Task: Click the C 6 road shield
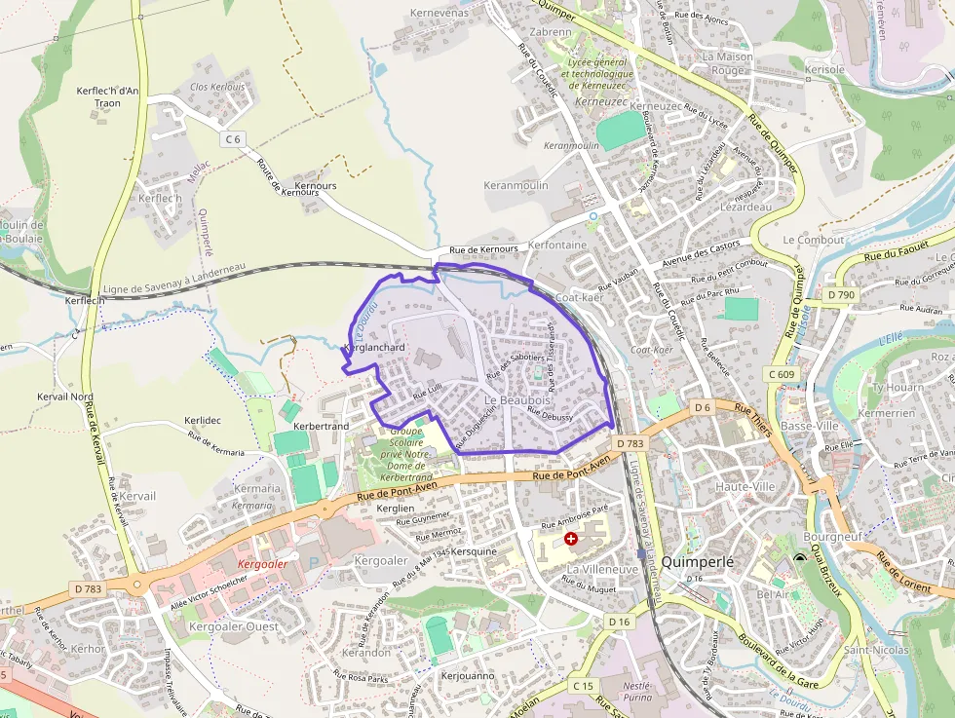pos(232,139)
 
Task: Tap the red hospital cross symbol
pos(570,538)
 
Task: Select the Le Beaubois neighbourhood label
pos(516,400)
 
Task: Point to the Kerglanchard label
pos(374,348)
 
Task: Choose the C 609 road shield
pos(781,374)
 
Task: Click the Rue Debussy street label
pos(550,415)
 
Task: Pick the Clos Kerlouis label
pos(217,87)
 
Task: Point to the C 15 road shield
pos(583,686)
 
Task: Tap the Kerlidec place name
pos(203,420)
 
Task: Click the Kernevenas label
pos(439,13)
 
